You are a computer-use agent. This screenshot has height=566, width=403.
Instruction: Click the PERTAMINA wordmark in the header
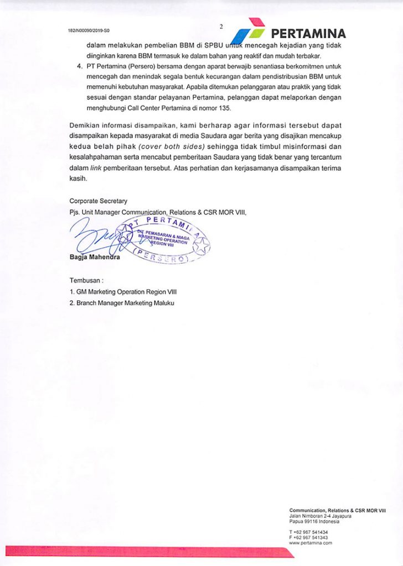click(x=308, y=33)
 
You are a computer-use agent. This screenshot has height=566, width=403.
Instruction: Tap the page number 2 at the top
click(x=220, y=26)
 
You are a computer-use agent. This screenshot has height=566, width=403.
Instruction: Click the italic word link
click(x=97, y=169)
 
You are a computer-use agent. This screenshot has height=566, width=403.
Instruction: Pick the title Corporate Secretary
click(x=98, y=201)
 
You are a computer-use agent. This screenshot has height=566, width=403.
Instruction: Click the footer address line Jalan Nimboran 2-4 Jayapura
click(x=314, y=516)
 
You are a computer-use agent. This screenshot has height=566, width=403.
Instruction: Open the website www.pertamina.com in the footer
click(x=311, y=543)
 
